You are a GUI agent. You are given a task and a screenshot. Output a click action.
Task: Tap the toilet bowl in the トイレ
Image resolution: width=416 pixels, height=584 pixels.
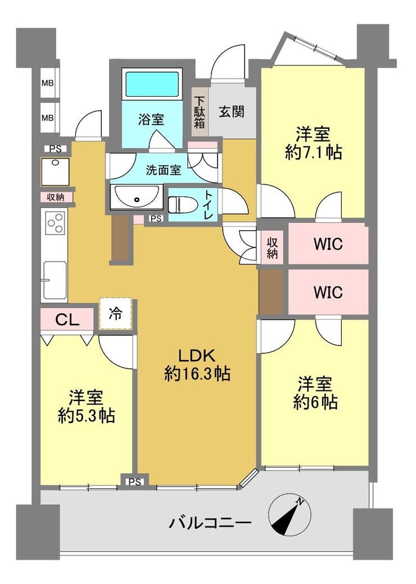coord(178,204)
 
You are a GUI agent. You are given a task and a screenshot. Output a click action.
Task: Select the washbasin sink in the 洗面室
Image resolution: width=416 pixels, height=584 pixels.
coord(137,197)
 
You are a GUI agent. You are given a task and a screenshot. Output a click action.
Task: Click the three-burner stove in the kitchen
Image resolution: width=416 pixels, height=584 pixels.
coord(55,222)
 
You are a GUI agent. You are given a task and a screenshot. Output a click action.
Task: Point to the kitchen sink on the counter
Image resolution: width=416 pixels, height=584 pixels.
coord(55,280)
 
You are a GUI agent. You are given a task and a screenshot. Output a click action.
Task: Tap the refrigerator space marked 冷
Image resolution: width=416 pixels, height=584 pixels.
coord(115,313)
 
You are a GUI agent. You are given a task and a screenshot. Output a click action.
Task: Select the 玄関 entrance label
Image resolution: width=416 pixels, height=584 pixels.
coord(232,111)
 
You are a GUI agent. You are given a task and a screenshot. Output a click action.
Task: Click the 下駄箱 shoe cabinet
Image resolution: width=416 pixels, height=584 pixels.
coord(200,112)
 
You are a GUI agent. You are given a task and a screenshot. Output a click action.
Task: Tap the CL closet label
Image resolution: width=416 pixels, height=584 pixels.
coord(67,319)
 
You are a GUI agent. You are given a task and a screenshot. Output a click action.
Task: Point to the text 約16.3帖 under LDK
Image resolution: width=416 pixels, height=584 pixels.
coord(197,374)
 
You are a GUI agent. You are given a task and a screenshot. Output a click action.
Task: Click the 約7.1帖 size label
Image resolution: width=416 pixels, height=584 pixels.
coord(314,152)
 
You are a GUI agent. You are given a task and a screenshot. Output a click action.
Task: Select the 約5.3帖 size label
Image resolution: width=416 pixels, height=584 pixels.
coord(87,415)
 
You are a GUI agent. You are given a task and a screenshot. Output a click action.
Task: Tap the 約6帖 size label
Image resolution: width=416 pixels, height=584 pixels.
coord(315,402)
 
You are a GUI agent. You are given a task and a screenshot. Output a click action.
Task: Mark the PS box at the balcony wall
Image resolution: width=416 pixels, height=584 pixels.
coord(135,482)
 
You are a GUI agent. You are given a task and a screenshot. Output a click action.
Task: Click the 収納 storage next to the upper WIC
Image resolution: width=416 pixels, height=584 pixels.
coord(273,248)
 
